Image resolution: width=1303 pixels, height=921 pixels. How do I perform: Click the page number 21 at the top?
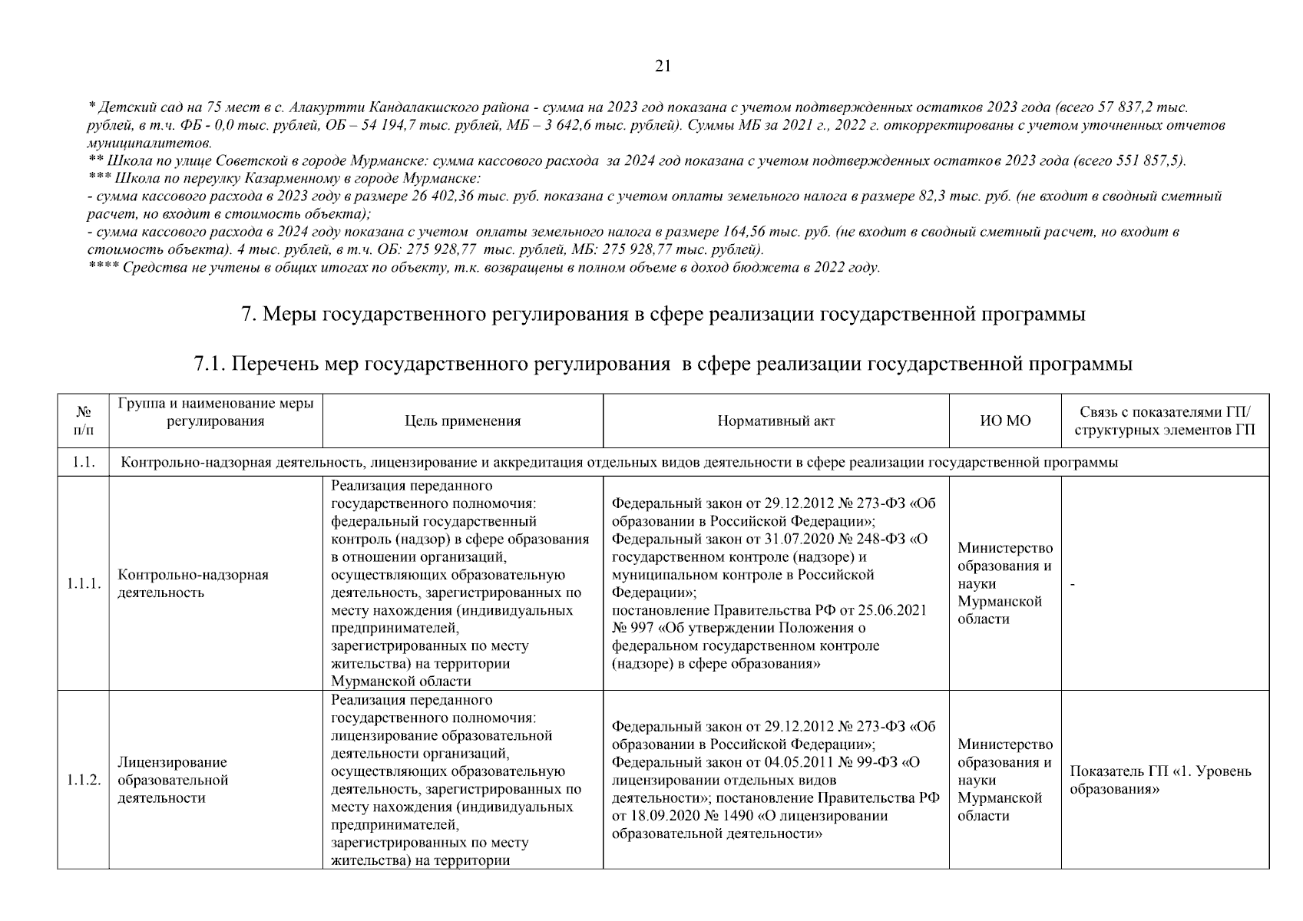tap(663, 67)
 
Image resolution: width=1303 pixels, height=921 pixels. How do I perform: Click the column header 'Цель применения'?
tap(462, 421)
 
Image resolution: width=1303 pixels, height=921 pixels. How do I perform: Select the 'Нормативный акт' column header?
tap(776, 421)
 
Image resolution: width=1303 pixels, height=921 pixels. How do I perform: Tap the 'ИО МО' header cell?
tap(1006, 421)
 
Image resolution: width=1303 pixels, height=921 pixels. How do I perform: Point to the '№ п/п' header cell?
tap(83, 421)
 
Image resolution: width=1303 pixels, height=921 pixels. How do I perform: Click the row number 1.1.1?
tap(83, 584)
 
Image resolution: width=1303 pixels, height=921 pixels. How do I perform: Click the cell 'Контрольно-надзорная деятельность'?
tap(193, 584)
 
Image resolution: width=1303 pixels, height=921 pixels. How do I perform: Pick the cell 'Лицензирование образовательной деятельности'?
tap(173, 780)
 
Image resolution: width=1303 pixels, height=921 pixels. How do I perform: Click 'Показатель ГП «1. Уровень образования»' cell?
tap(1160, 780)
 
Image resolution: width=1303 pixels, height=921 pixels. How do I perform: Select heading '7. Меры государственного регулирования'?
tap(663, 315)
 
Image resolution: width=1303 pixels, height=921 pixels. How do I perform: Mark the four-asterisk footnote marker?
tap(101, 268)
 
